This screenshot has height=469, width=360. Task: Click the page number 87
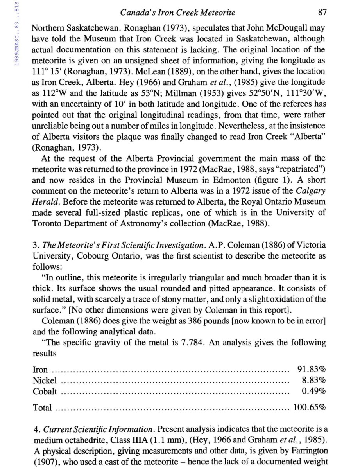coord(322,13)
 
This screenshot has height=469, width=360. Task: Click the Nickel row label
coord(45,380)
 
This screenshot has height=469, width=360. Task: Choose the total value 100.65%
coord(310,408)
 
